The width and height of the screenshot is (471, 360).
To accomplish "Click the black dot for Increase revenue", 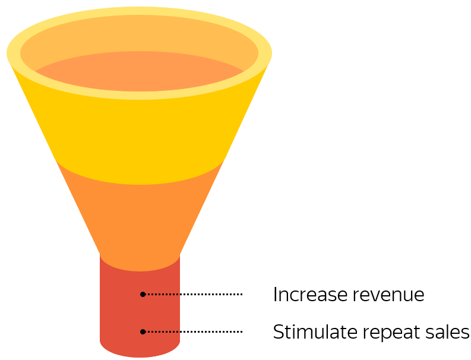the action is point(143,294).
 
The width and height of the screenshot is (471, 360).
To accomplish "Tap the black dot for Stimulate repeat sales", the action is point(143,331).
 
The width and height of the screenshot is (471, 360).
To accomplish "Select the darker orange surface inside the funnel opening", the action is point(140,74).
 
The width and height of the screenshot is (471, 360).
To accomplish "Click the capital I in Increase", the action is point(275,295).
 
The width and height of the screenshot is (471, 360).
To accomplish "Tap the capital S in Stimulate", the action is point(279,332).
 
